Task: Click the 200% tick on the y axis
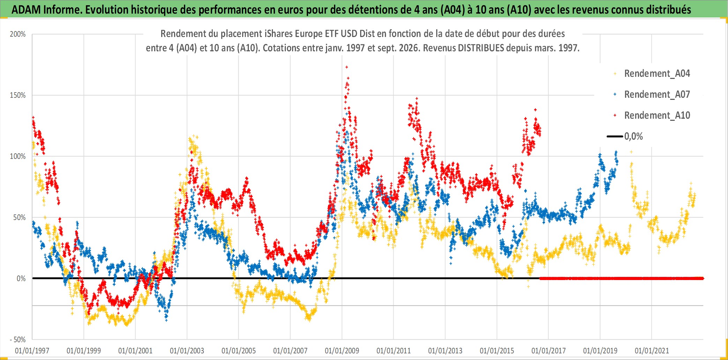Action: coord(18,34)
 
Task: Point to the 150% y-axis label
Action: coord(18,95)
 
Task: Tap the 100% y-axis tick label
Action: coord(18,156)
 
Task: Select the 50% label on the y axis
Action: coord(20,218)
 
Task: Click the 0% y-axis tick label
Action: coord(21,279)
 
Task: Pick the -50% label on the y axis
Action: coord(18,340)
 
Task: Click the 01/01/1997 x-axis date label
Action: coord(32,351)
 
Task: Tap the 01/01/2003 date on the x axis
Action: coord(187,351)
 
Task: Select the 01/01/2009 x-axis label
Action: coord(342,351)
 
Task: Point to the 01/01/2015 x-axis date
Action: coord(497,351)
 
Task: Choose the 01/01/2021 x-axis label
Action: coord(652,351)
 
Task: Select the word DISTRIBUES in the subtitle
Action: coord(481,48)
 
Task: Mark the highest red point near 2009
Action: coord(347,67)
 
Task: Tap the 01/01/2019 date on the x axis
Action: coord(600,351)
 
